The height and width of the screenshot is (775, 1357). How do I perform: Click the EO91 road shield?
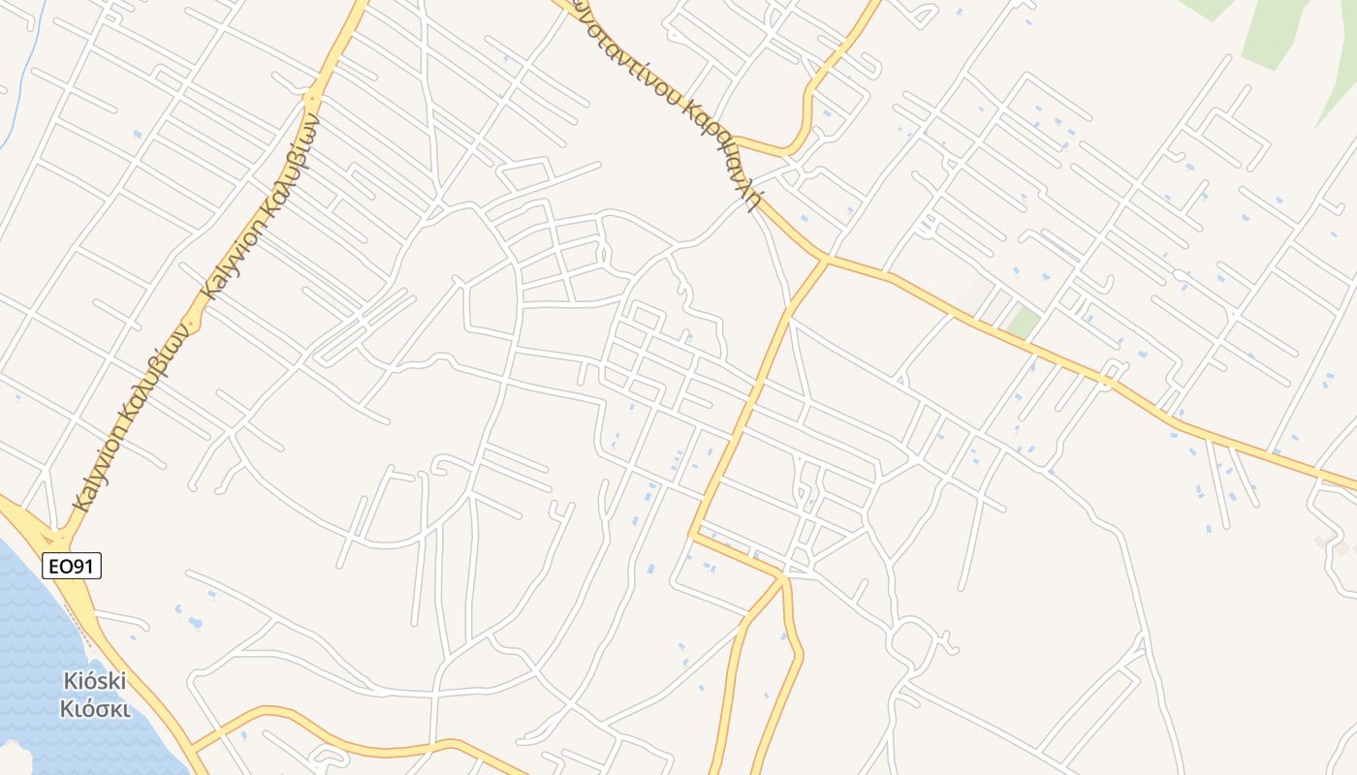pos(72,565)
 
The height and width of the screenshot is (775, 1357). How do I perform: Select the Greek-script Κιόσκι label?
pos(94,708)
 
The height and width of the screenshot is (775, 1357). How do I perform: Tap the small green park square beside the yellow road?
pos(1022,323)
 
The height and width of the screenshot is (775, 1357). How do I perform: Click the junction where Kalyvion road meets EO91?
pos(60,535)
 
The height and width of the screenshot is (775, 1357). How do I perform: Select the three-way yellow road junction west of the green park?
pos(825,259)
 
